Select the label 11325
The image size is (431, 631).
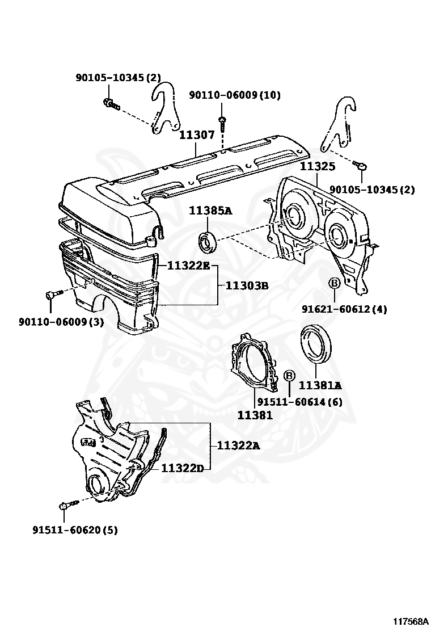[x=318, y=167]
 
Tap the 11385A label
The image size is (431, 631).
[x=211, y=211]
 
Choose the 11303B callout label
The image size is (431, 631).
[x=247, y=285]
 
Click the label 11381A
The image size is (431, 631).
[x=320, y=386]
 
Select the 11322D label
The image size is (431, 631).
[x=182, y=468]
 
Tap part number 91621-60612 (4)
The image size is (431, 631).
[x=344, y=309]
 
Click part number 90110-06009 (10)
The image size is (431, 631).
[x=235, y=95]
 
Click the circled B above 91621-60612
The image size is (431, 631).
[x=334, y=283]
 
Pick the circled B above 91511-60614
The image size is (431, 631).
[x=289, y=376]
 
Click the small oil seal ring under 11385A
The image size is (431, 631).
[x=207, y=241]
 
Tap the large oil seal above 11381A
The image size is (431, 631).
[x=317, y=343]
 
